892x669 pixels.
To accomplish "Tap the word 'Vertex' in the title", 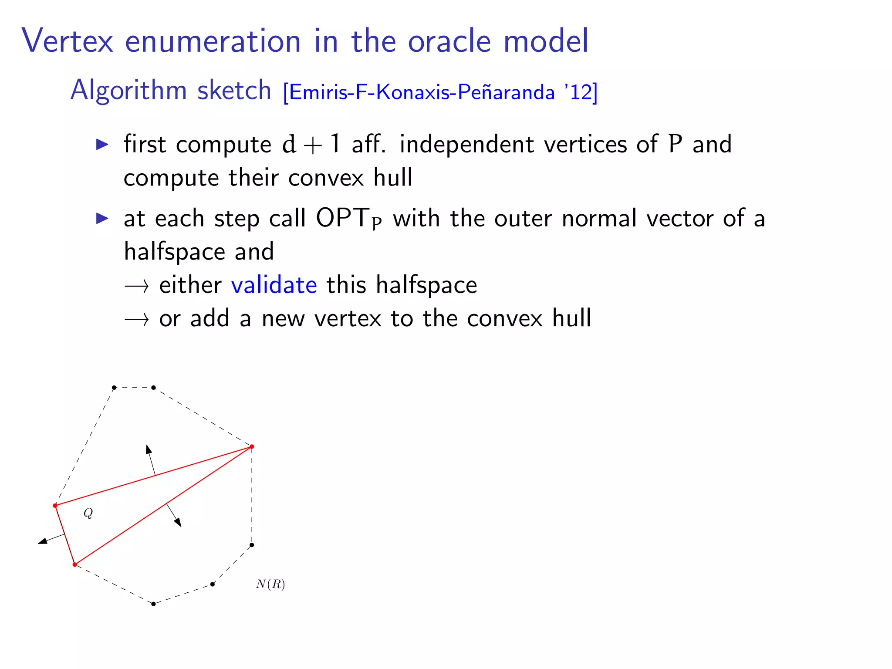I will [x=68, y=41].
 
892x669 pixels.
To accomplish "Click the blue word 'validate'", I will [x=274, y=285].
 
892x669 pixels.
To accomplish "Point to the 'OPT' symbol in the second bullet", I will [x=342, y=218].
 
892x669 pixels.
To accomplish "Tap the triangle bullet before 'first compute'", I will [x=102, y=144].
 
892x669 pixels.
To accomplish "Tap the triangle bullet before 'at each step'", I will [x=102, y=218].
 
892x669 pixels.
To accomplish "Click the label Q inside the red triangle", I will [x=88, y=513].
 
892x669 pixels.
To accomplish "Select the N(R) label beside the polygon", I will [x=270, y=584].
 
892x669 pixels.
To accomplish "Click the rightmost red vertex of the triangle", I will [x=252, y=446].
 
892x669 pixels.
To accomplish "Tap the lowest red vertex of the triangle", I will [x=75, y=564].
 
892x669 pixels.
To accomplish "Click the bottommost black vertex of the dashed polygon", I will [x=153, y=604].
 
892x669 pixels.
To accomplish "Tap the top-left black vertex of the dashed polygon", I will [x=114, y=387].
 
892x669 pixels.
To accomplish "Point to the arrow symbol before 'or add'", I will [x=136, y=320].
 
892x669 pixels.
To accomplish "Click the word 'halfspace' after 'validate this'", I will [x=426, y=285].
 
